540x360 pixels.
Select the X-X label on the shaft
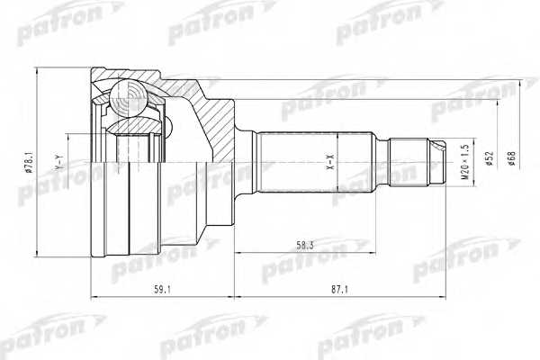329,164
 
